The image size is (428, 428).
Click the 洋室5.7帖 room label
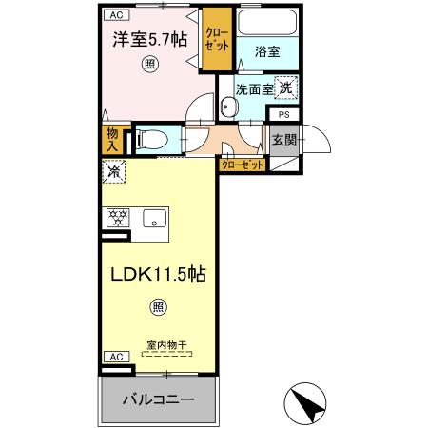pos(149,41)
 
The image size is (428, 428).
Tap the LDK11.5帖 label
pos(158,275)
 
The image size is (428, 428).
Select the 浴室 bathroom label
pos(267,54)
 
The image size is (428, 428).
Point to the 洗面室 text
pos(254,89)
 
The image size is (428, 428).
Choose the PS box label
pos(283,114)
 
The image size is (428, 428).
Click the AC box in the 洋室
pos(114,15)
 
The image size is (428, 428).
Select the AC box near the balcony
pos(114,356)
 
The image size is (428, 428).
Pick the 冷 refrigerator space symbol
pos(112,173)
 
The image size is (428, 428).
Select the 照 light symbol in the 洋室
pos(149,64)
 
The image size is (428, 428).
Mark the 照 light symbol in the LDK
pos(158,306)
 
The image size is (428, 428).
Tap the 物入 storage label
pos(112,140)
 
